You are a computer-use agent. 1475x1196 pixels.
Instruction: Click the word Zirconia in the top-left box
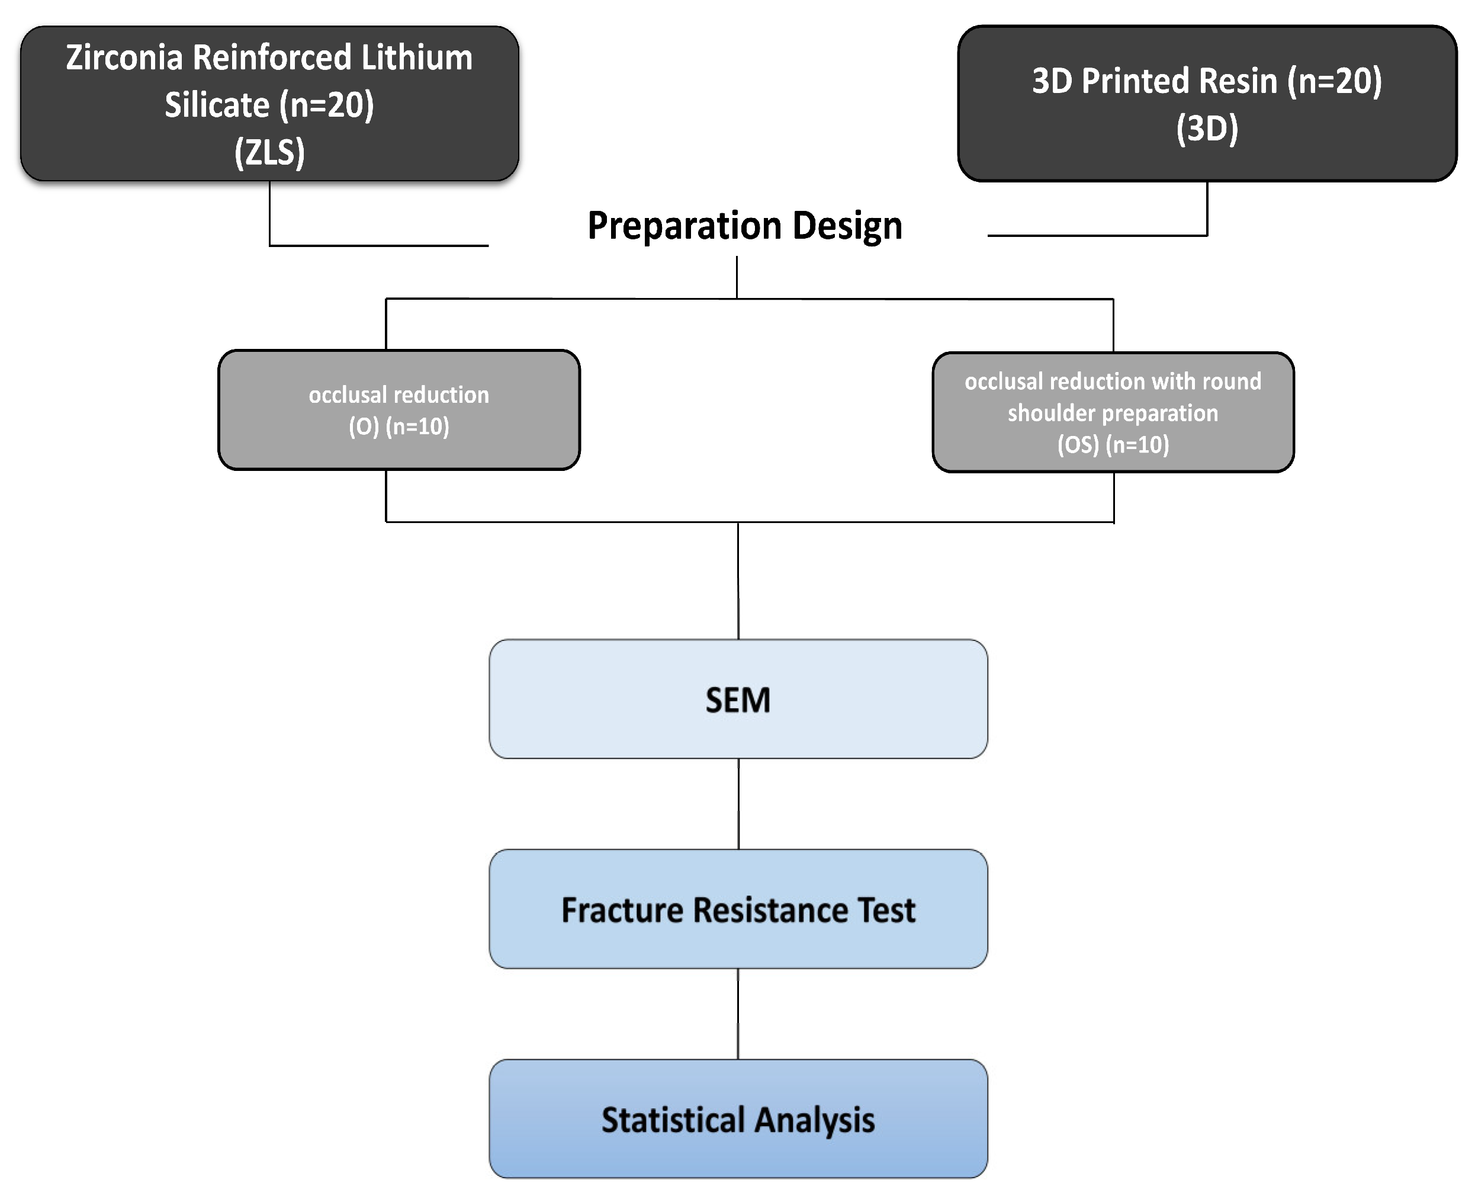[x=124, y=57]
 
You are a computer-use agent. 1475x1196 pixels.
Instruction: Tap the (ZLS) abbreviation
[x=269, y=152]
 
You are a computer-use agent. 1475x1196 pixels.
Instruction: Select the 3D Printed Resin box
[x=1206, y=103]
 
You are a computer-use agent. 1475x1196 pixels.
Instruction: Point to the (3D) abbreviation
[x=1206, y=129]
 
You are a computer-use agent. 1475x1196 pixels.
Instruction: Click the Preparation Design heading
[x=744, y=226]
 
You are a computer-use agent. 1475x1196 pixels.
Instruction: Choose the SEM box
[x=738, y=699]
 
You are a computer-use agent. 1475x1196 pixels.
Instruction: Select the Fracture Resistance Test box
[x=738, y=909]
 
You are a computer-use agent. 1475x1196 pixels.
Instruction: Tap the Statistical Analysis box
[x=738, y=1120]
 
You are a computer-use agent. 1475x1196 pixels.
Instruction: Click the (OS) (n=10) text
[x=1113, y=445]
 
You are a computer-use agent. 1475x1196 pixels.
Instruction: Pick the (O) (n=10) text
[x=399, y=427]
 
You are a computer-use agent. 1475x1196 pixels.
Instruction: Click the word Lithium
[x=417, y=57]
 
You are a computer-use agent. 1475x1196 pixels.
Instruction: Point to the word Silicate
[x=217, y=105]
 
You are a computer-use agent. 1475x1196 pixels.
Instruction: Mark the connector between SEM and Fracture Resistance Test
[x=738, y=804]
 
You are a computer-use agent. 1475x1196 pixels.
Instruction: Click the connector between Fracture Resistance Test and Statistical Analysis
[x=738, y=1014]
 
